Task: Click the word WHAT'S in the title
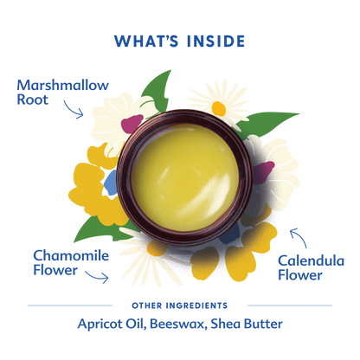145,41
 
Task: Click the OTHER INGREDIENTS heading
180,305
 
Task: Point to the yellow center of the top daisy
216,108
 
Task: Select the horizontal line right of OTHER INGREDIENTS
286,305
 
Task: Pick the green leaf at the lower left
91,229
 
